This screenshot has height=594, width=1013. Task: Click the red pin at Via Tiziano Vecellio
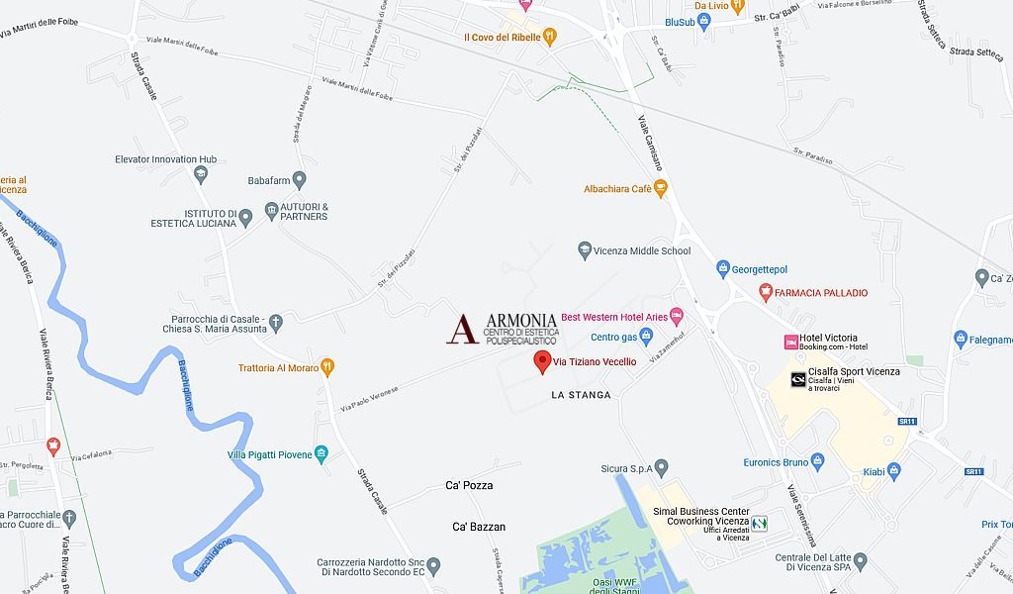coord(542,361)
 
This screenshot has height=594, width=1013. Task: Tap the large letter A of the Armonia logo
coord(462,329)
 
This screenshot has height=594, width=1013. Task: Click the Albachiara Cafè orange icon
coord(661,188)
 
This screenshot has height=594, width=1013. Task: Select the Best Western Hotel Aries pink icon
coord(677,317)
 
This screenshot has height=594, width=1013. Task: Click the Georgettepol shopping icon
coord(723,268)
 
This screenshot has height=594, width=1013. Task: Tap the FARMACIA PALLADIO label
coord(820,293)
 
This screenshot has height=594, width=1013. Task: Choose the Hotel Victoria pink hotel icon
coord(790,342)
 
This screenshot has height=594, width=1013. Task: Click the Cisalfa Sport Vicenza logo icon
coord(797,379)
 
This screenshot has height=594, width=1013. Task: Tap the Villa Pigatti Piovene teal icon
coord(322,454)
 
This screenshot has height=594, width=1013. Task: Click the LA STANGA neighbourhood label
coord(581,395)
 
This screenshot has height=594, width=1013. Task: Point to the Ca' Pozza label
coord(469,486)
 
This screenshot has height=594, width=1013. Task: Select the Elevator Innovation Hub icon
coord(201,174)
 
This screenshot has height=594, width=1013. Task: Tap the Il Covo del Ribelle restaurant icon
coord(551,38)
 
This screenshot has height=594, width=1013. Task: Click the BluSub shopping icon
coord(704,22)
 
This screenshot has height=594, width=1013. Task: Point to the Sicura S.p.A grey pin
coord(662,466)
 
